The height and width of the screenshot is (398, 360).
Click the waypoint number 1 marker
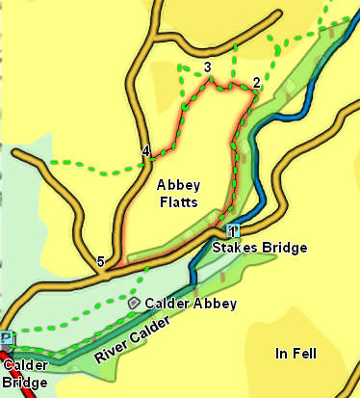[x=232, y=231]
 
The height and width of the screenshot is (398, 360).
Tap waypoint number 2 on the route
[x=256, y=82]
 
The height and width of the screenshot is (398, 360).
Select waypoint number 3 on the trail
[x=207, y=66]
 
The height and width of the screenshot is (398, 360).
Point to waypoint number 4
[x=145, y=151]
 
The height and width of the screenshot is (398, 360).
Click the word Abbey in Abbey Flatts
[x=174, y=185]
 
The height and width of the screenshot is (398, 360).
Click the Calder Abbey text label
[x=190, y=304]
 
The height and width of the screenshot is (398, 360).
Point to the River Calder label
[x=139, y=340]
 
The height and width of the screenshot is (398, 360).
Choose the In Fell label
[x=296, y=352]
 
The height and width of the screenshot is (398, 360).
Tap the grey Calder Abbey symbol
[x=134, y=303]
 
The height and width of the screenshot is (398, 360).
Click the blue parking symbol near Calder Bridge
[x=9, y=337]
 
